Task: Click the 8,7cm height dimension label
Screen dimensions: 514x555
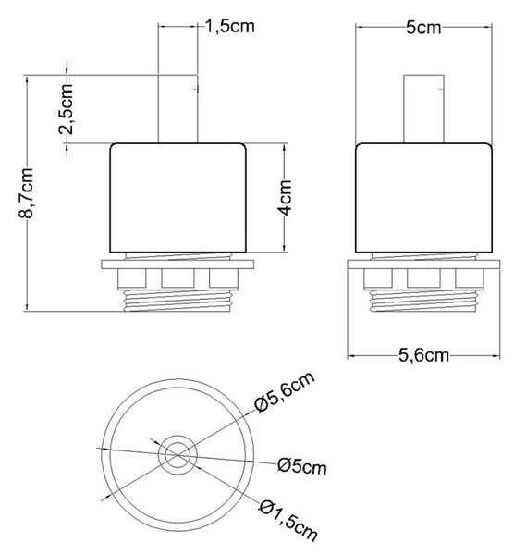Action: (x=27, y=193)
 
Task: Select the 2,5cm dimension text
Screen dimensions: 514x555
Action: (x=67, y=109)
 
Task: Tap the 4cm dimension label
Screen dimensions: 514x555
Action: (x=285, y=197)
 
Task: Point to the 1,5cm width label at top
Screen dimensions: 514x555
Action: (x=230, y=27)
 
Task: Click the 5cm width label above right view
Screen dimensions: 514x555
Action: (x=423, y=28)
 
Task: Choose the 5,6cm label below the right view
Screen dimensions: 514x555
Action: (x=423, y=355)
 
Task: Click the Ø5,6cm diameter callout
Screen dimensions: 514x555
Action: (x=285, y=392)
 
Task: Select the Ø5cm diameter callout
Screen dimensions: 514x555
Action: (x=301, y=466)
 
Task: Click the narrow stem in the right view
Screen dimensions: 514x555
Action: (x=423, y=109)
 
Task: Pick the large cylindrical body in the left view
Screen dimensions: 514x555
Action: (x=177, y=198)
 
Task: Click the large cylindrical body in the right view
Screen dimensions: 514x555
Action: (x=423, y=198)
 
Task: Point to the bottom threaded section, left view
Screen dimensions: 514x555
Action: (x=177, y=301)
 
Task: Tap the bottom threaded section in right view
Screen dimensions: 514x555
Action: (x=423, y=301)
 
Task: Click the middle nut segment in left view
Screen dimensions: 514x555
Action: (x=177, y=278)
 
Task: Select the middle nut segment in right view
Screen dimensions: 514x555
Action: (x=423, y=278)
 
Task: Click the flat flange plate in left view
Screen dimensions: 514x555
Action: (x=177, y=265)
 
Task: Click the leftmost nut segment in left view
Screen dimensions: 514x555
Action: (x=131, y=278)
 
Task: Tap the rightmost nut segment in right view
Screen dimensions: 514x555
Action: (x=470, y=278)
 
